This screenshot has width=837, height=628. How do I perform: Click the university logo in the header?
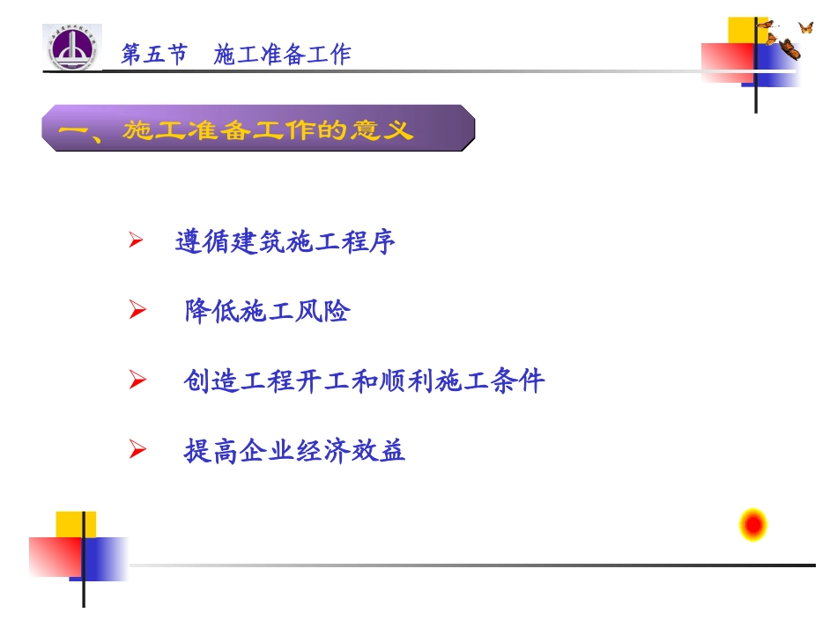(72, 48)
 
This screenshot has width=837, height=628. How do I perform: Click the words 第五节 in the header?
(154, 55)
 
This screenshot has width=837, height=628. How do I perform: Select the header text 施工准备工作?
(282, 55)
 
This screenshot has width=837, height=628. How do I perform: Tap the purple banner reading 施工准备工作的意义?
(258, 129)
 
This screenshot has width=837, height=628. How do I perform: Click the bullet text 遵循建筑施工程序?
(285, 241)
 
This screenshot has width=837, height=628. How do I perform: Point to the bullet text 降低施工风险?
(267, 311)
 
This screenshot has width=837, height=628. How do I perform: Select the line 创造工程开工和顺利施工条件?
(364, 381)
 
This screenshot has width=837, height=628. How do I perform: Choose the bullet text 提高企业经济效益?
(294, 451)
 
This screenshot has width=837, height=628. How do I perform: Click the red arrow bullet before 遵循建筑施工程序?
(136, 240)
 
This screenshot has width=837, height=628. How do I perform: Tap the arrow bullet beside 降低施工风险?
(136, 310)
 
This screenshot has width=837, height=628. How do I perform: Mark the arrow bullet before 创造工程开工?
(136, 380)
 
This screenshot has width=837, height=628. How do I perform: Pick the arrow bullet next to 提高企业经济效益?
(136, 451)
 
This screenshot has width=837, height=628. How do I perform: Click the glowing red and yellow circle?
(752, 526)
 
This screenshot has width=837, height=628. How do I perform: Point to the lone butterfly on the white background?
(805, 27)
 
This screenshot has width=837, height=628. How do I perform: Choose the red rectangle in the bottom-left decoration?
(55, 557)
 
